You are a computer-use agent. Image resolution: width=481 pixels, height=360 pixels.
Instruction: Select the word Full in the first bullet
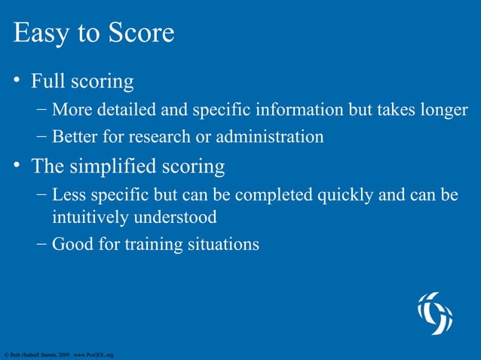[x=50, y=81]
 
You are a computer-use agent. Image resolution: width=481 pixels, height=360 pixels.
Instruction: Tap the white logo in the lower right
[x=436, y=313]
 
